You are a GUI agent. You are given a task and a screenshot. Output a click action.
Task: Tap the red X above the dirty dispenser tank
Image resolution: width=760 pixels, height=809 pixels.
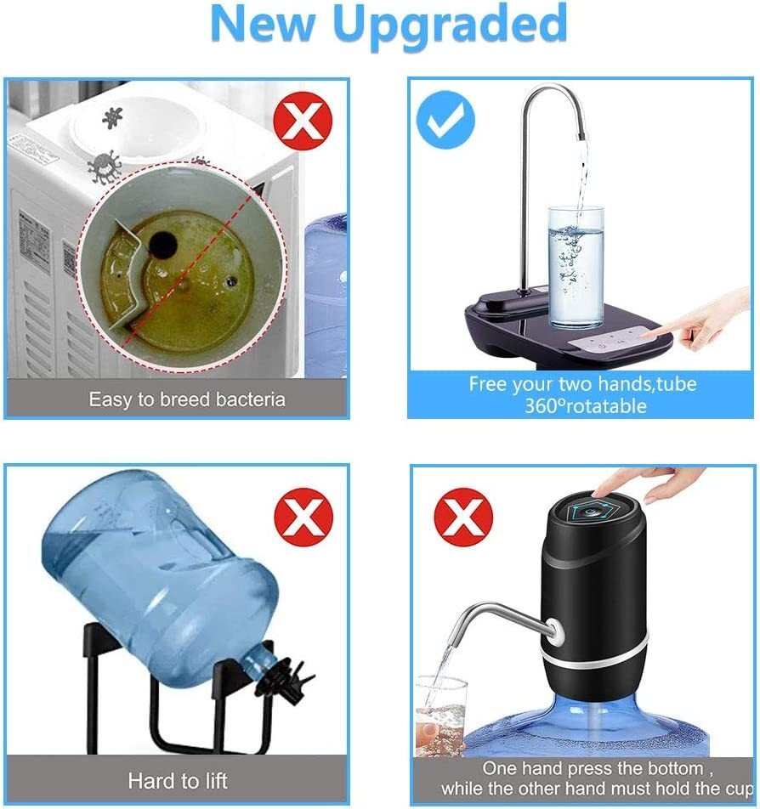pos(302,122)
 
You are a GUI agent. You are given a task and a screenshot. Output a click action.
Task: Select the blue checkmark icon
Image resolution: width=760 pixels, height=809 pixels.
pos(445,122)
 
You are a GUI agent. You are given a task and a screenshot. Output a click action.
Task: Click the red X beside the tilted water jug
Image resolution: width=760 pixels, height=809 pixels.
pos(303,518)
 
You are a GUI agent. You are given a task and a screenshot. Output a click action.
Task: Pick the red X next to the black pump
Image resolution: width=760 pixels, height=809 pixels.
pos(463,517)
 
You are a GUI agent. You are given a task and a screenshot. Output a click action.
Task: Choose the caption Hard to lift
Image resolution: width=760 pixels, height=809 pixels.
pos(177,780)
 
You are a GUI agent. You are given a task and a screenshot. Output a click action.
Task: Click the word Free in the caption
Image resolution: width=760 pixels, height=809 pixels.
pos(487,384)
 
